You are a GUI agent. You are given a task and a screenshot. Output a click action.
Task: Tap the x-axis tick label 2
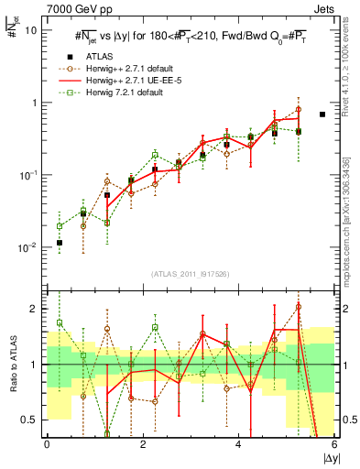tap(143, 445)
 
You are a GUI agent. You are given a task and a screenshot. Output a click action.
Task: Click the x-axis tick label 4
tap(238, 445)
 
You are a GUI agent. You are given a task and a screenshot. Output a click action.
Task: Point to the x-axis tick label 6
tap(334, 445)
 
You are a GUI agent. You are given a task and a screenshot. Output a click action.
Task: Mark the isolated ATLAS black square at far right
tap(322, 115)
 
